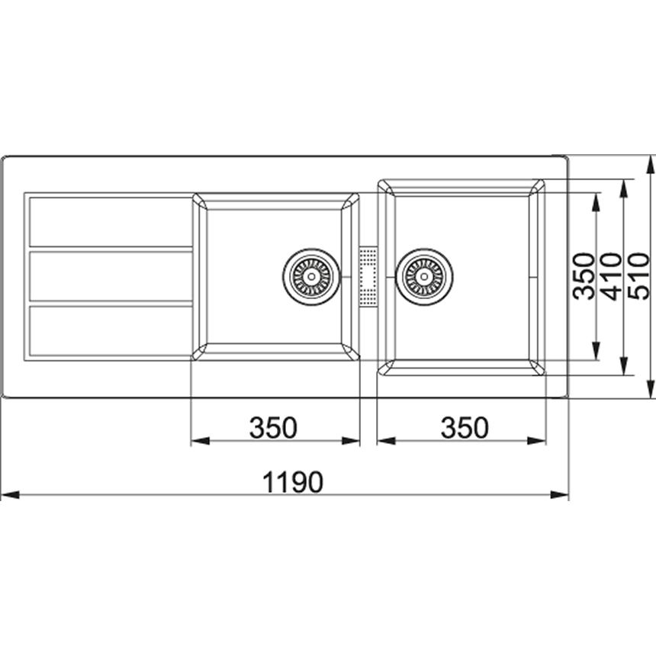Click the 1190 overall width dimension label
click(x=292, y=482)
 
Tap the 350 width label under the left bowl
click(x=273, y=427)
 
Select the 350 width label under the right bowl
click(x=465, y=427)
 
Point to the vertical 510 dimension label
click(x=639, y=276)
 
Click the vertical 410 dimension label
click(x=612, y=276)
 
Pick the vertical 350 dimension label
click(x=584, y=276)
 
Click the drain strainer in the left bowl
click(x=311, y=277)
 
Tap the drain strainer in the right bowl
click(x=424, y=277)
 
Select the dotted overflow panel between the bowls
click(x=368, y=277)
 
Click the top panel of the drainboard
click(x=111, y=222)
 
